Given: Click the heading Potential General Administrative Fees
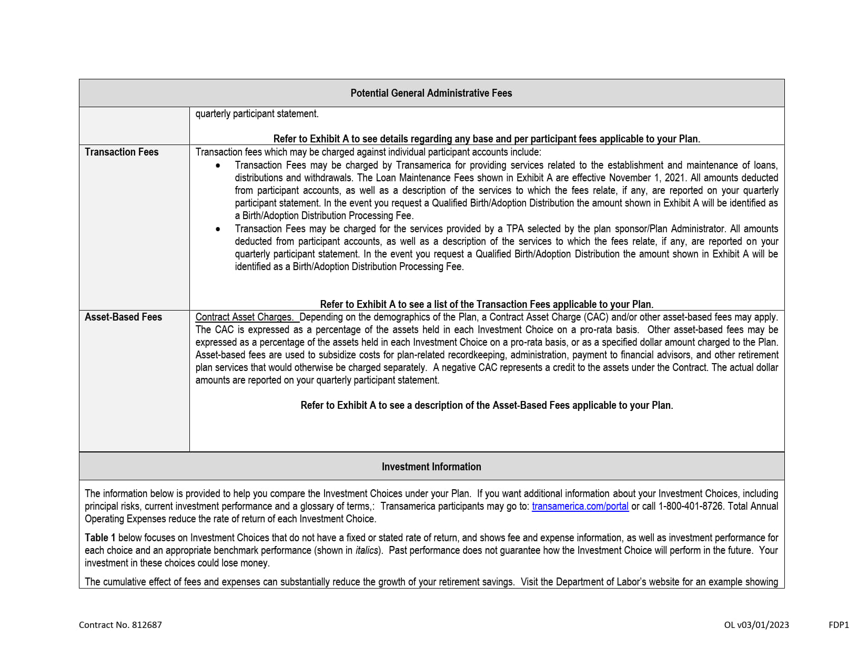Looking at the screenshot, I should coord(431,93).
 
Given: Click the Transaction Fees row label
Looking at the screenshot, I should coord(122,152).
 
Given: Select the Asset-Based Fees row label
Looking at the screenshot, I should coord(123,317).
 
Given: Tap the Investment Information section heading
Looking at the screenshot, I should coord(431,467).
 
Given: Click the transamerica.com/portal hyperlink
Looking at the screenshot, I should coord(580,506).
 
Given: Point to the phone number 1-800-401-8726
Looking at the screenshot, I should coord(691,506).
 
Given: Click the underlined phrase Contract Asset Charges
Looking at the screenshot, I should coord(245,317).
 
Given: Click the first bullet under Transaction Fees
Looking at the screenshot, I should coord(218,166).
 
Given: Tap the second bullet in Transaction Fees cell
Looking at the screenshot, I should coord(218,229).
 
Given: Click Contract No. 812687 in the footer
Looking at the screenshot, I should coord(120,625).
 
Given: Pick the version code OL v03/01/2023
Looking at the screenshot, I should coord(756,625).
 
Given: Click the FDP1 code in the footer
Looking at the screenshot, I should coord(839,625).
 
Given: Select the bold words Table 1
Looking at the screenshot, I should coord(100,538).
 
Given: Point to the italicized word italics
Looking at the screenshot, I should coord(367,550).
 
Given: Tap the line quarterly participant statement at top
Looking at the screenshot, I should coord(257,114).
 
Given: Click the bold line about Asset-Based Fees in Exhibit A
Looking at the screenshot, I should coord(487,405).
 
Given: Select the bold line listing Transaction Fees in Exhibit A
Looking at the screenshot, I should coord(487,304).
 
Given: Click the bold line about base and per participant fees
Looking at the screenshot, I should coord(487,139).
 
